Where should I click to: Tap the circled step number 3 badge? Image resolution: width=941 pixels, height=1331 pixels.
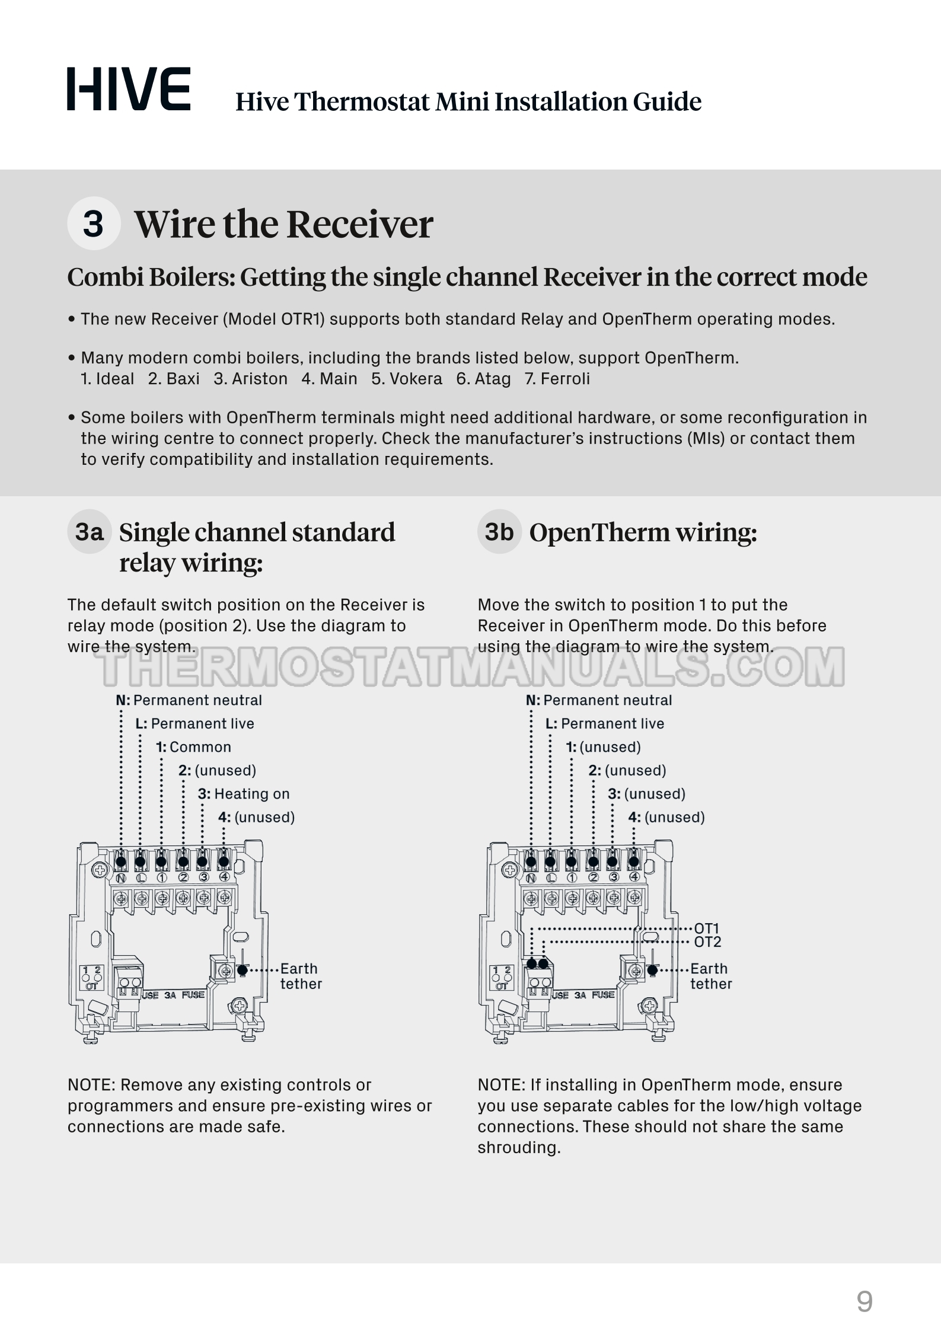point(94,224)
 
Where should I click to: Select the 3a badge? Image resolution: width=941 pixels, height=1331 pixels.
point(90,532)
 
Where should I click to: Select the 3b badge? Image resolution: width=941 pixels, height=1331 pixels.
point(499,532)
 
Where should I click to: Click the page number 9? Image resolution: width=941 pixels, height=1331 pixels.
point(865,1302)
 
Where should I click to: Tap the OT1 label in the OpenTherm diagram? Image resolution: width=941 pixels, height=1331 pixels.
point(707,928)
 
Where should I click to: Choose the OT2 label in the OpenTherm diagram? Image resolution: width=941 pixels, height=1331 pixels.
point(707,942)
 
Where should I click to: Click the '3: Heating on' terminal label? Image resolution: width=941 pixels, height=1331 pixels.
point(244,794)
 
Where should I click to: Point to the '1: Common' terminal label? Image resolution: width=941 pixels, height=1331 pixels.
point(194,747)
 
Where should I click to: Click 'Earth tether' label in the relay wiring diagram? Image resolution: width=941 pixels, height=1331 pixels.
point(301,976)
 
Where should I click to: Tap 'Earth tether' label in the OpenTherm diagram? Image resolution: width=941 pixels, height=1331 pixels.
point(710,976)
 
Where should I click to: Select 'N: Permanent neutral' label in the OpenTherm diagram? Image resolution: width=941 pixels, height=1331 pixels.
point(599,700)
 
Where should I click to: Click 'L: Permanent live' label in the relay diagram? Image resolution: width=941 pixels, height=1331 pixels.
point(194,724)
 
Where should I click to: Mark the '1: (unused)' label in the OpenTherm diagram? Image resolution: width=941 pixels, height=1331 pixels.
point(604,747)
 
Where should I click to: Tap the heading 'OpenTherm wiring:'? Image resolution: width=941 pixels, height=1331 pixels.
point(643,532)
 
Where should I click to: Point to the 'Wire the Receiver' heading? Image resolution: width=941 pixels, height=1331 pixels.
point(283,225)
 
